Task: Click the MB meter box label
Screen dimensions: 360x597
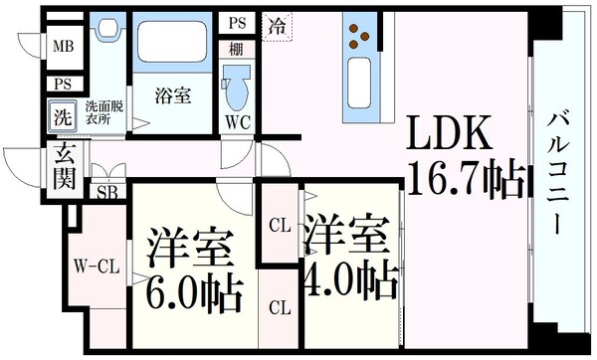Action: coord(63,46)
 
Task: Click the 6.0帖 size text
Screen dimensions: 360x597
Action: coord(194,290)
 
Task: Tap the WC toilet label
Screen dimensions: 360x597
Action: coord(237,122)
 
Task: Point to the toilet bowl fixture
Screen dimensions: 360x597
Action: coord(237,88)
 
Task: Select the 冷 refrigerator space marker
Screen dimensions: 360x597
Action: coord(276,28)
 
